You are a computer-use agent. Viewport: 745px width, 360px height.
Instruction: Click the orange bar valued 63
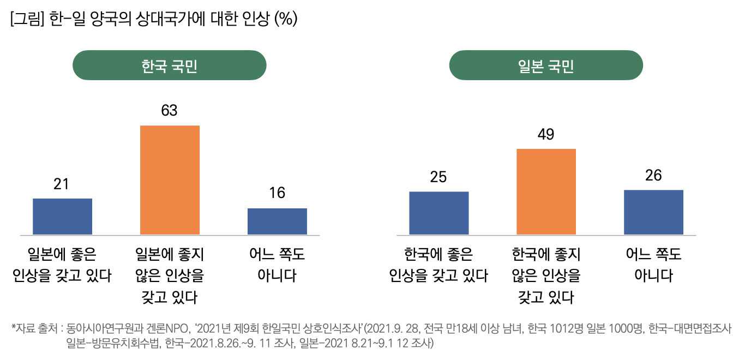170,180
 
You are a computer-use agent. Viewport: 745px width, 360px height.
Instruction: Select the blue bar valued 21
62,217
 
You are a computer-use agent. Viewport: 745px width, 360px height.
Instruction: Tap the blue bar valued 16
277,221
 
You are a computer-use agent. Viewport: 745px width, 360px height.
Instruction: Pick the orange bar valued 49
546,191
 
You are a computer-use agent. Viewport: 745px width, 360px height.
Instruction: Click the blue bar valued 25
438,213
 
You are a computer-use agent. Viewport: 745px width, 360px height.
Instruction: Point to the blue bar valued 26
653,212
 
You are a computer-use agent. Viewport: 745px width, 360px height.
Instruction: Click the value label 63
170,111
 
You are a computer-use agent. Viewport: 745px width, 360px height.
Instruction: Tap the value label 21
61,184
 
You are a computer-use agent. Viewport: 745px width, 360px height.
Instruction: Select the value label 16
277,193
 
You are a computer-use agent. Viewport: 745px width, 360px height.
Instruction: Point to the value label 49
546,134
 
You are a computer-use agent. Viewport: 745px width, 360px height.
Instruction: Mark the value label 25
438,177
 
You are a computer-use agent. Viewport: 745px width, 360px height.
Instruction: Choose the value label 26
653,175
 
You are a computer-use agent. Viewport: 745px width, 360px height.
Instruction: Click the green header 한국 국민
170,65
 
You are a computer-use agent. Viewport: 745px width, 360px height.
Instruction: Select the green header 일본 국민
546,65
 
